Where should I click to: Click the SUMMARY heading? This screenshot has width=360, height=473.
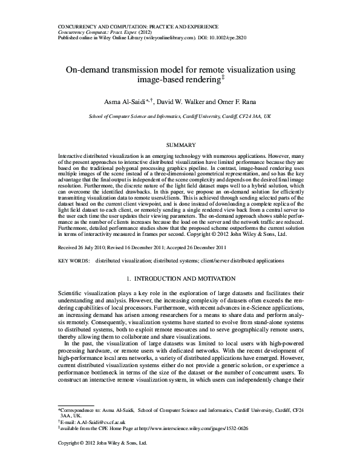[x=180, y=146]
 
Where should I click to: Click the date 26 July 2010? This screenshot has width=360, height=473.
[x=91, y=264]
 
